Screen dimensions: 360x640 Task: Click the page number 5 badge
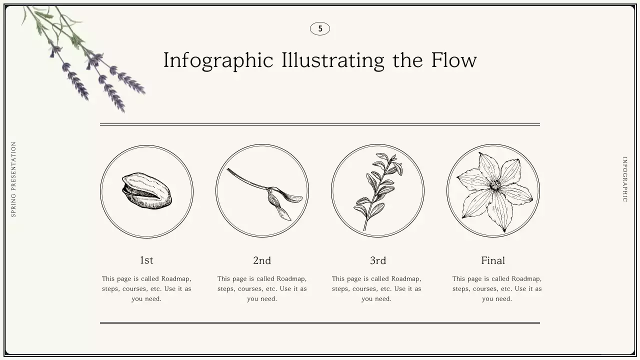click(320, 29)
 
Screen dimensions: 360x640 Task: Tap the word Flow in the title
click(454, 60)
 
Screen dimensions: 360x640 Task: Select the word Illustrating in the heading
click(332, 60)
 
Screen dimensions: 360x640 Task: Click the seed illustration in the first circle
click(146, 191)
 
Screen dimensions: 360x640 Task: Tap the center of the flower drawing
click(495, 186)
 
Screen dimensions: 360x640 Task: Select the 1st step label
click(146, 260)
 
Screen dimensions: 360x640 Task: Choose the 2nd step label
click(262, 260)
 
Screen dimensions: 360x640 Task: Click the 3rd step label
click(378, 260)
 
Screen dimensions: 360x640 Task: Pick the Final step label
click(493, 260)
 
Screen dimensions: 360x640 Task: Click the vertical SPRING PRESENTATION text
click(13, 179)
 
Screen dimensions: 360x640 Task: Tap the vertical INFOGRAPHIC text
click(624, 179)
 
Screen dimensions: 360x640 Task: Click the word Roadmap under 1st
click(176, 279)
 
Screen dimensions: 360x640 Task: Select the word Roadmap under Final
click(526, 279)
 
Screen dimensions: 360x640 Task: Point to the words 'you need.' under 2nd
click(262, 299)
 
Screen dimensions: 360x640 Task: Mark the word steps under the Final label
click(461, 289)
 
